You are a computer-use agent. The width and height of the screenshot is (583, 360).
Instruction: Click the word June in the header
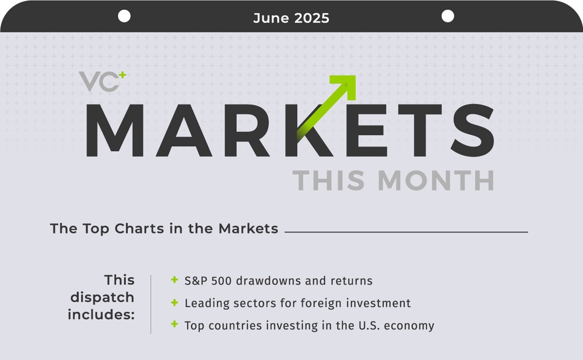pyautogui.click(x=269, y=18)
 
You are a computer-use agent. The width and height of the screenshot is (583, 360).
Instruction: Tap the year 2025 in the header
pyautogui.click(x=310, y=18)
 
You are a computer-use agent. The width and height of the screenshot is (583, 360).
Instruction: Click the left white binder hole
pyautogui.click(x=124, y=16)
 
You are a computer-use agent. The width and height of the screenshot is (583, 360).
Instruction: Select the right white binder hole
pyautogui.click(x=448, y=16)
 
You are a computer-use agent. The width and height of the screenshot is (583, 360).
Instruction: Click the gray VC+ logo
pyautogui.click(x=99, y=82)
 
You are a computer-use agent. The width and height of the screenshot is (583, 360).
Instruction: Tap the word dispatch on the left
pyautogui.click(x=103, y=297)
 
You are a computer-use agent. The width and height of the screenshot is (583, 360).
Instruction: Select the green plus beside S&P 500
pyautogui.click(x=174, y=280)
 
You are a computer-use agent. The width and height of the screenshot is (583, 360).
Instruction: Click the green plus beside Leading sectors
pyautogui.click(x=174, y=302)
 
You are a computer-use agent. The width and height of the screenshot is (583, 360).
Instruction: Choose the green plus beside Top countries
pyautogui.click(x=174, y=324)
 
